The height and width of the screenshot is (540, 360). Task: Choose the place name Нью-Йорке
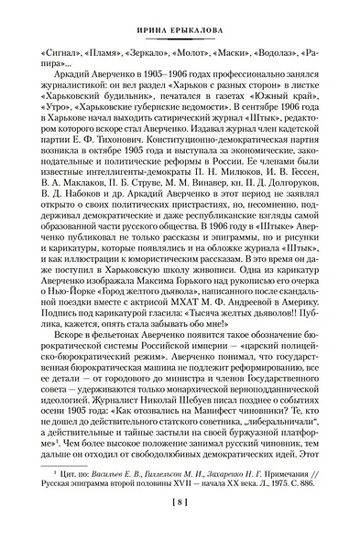(x=68, y=336)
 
